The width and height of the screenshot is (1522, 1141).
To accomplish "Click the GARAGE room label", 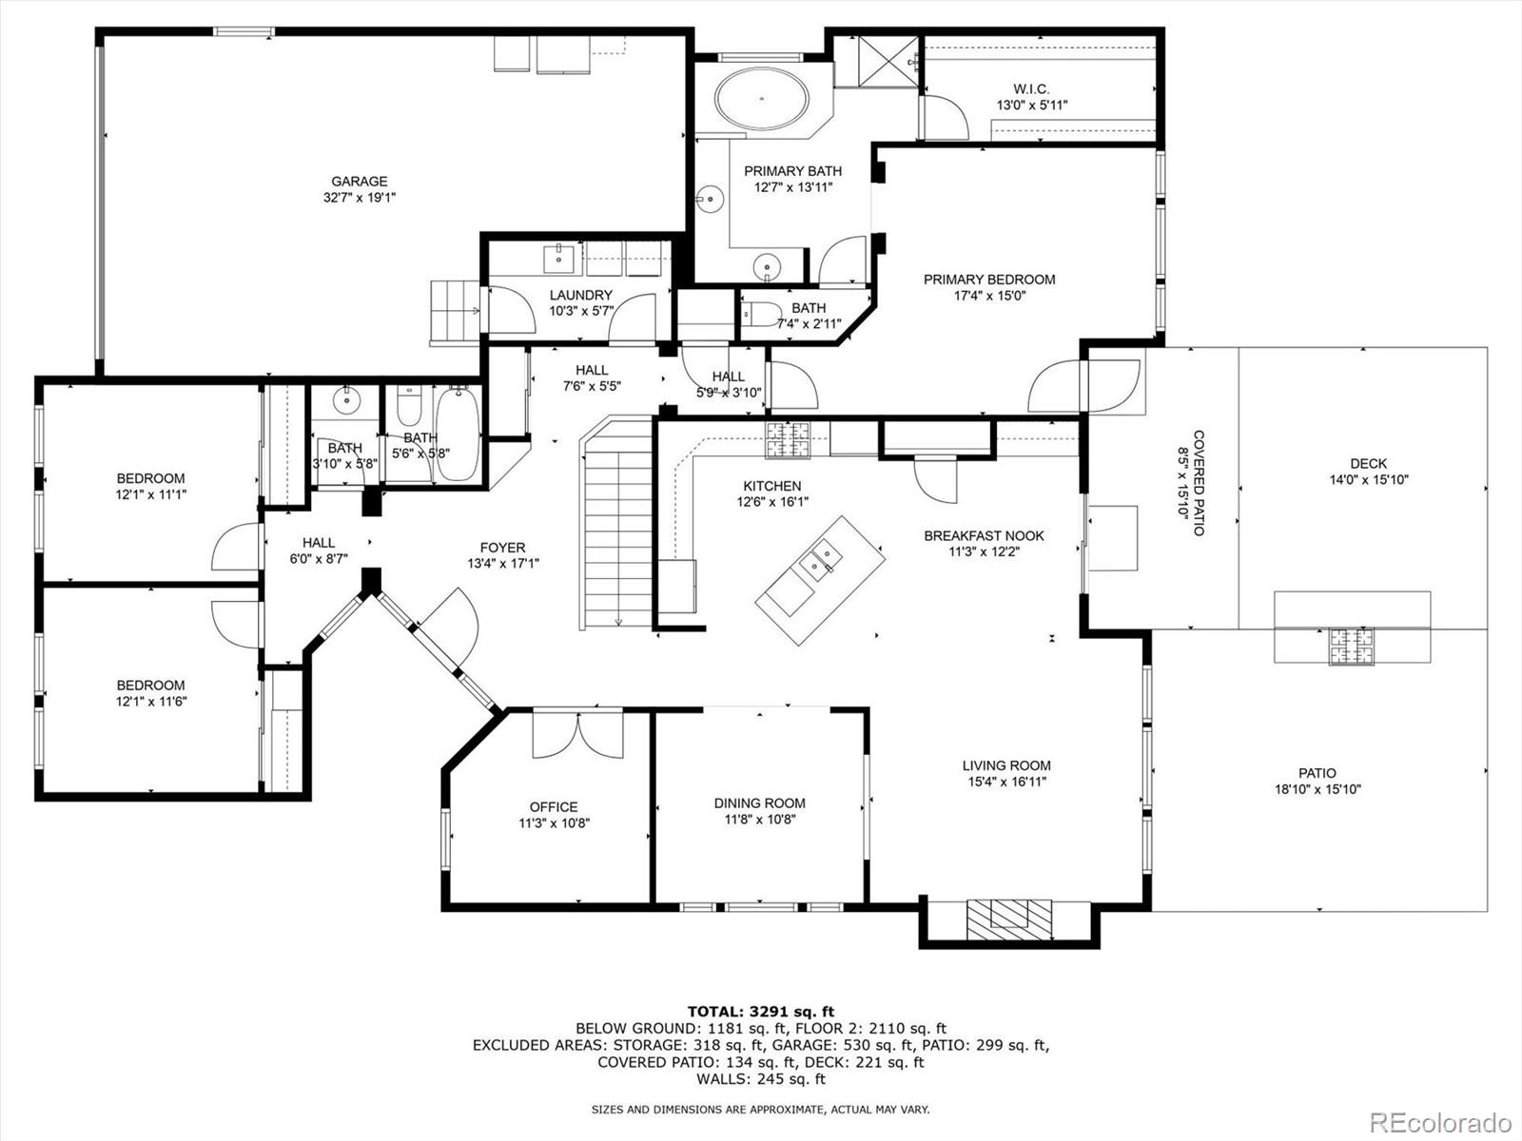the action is [360, 182].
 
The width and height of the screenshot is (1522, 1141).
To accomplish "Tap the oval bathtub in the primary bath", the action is [761, 98].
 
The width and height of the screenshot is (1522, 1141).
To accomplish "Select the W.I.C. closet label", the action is [1031, 88].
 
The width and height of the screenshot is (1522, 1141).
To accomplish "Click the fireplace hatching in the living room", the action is [1009, 919].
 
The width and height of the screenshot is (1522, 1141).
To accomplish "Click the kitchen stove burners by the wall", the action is [787, 440].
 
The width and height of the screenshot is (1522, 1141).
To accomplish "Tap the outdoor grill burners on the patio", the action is [1352, 647].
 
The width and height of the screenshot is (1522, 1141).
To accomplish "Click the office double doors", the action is [577, 736].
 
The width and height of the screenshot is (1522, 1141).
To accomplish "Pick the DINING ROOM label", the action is [759, 803].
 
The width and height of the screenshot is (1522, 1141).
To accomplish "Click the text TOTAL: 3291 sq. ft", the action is [761, 1012].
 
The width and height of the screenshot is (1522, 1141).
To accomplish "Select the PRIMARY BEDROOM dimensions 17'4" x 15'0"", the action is [989, 296].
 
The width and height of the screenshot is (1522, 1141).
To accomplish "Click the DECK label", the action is [1368, 463].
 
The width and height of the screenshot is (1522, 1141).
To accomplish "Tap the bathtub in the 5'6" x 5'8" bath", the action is [458, 435].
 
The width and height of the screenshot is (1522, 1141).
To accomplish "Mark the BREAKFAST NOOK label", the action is [984, 535].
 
